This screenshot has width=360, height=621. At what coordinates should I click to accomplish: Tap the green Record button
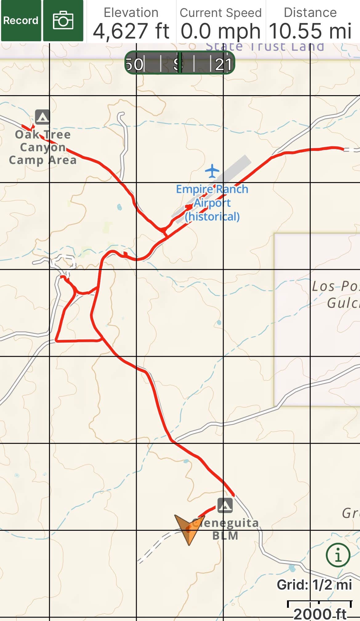point(21,21)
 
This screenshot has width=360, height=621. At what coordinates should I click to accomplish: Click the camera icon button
point(63,21)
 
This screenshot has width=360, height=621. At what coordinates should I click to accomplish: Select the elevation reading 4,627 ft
point(131,31)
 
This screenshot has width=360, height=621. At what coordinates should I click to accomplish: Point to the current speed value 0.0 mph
point(220,31)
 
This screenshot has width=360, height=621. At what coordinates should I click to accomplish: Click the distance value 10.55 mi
point(310,31)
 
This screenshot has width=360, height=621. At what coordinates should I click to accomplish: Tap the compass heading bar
point(180,63)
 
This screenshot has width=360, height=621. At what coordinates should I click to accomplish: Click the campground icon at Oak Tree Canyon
point(42,117)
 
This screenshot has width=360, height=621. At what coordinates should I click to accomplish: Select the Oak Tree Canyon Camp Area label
point(43,147)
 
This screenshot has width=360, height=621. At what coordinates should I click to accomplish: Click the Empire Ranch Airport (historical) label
point(212,203)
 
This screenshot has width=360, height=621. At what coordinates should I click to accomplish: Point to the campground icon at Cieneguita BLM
point(225,505)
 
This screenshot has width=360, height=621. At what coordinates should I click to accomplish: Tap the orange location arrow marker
point(187,529)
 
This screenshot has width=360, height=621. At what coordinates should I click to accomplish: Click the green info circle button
point(338,555)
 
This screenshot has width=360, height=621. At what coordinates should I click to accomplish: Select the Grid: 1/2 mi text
point(314,584)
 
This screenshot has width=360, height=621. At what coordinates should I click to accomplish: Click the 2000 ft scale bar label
point(320,613)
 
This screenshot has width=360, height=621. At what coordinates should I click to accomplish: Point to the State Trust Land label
point(265,47)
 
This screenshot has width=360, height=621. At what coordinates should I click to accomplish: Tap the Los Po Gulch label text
point(335,294)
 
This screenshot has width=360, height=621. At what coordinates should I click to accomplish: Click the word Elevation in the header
point(131,13)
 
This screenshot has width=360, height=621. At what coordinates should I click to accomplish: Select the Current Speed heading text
point(220,13)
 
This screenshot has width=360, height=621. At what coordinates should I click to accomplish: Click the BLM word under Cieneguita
point(225,536)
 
